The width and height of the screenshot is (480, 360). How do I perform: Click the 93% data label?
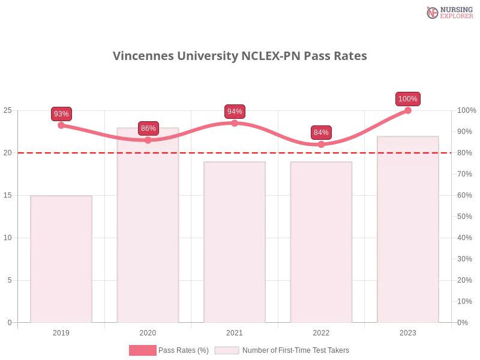click(x=61, y=114)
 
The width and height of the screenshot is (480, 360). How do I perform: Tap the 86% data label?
click(x=148, y=128)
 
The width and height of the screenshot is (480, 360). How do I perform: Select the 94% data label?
click(x=235, y=112)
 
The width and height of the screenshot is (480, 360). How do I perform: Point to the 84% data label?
click(x=321, y=133)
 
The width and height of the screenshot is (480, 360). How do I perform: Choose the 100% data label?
click(x=408, y=99)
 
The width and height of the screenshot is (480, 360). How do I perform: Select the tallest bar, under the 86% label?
click(x=149, y=225)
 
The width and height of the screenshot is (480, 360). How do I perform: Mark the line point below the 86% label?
click(x=148, y=140)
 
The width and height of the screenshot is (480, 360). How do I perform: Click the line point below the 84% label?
click(x=321, y=145)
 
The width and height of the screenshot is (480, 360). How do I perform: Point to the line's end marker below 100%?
click(x=408, y=110)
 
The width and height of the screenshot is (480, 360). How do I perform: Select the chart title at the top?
click(x=240, y=56)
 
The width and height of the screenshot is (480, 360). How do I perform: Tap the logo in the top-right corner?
click(x=448, y=12)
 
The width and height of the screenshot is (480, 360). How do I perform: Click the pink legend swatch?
click(x=142, y=350)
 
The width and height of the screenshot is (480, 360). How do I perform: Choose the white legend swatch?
click(x=227, y=350)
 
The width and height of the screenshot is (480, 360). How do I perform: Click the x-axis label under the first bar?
click(x=62, y=331)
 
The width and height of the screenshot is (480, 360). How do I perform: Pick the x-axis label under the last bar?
click(x=408, y=331)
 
